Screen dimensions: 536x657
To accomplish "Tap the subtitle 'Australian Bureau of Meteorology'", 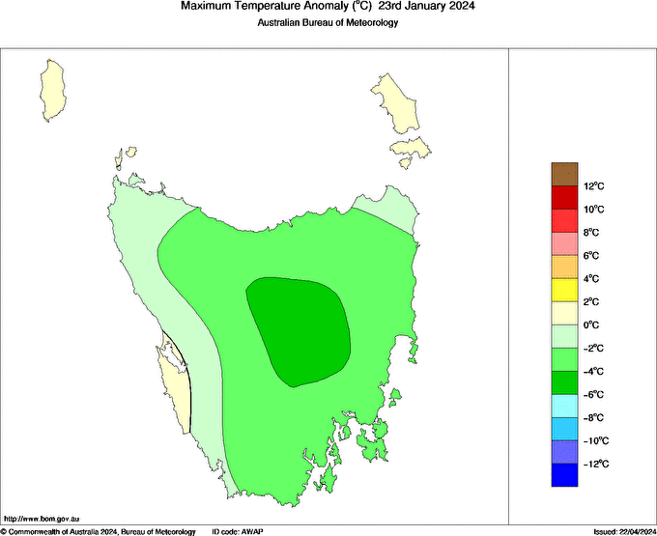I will pos(328,24).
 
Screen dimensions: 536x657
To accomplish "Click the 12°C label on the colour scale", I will pos(593,186).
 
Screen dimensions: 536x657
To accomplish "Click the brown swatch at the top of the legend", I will pos(564,174).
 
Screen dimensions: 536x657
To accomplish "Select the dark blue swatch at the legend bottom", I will pos(564,475).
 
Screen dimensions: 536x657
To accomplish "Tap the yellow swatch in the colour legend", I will pos(564,290).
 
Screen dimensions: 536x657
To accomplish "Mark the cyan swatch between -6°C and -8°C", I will pos(564,406).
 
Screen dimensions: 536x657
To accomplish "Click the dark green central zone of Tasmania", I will pos(300,328).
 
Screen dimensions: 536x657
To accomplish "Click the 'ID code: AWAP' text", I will pos(238,531).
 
